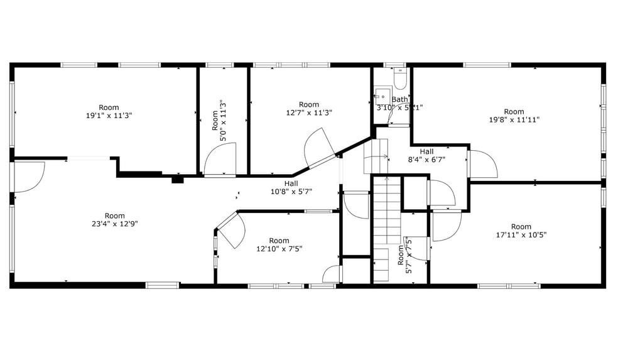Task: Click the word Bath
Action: point(399,100)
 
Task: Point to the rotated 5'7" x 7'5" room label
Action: point(405,254)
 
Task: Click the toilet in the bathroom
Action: point(400,80)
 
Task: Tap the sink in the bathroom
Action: point(381,95)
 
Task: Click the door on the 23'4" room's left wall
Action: point(28,177)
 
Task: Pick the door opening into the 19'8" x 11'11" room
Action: point(482,163)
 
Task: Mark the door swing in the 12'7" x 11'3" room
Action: point(319,148)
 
